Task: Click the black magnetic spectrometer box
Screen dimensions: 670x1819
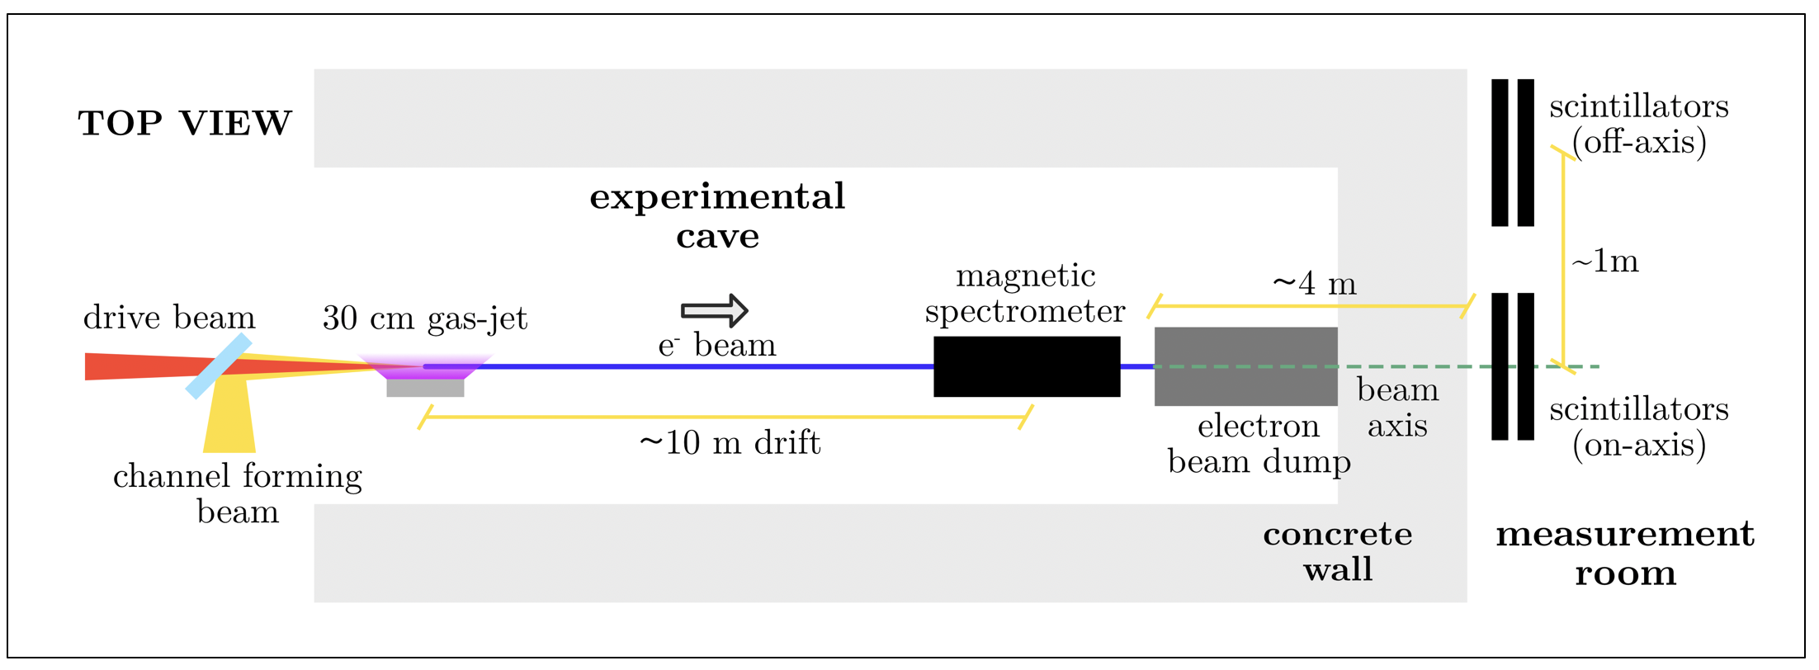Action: [1027, 366]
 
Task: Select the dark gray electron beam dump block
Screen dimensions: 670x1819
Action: [1245, 366]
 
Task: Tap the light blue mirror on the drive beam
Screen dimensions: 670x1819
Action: [219, 366]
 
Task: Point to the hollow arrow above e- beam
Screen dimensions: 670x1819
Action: [715, 310]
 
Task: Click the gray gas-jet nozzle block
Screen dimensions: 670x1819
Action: [425, 388]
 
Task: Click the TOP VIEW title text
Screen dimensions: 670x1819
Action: [185, 124]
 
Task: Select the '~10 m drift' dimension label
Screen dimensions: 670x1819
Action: [730, 443]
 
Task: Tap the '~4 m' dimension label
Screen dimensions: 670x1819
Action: [1314, 284]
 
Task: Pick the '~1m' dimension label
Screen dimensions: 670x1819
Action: [1604, 262]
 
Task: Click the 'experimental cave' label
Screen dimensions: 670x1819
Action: [717, 215]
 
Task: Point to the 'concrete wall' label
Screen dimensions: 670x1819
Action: [1338, 551]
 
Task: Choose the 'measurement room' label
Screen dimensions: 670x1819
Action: [1625, 553]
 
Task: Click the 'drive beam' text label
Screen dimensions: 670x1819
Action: [169, 318]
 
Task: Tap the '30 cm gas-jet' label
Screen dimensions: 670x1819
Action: [424, 318]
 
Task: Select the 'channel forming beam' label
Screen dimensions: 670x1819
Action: [238, 493]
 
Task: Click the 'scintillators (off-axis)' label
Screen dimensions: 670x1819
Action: [1639, 124]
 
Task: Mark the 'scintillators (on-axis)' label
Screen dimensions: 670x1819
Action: [1639, 427]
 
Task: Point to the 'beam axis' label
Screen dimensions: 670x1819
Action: [1397, 408]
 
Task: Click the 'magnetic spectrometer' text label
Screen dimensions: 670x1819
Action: [1025, 293]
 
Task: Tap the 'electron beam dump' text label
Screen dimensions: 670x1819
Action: [1259, 444]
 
